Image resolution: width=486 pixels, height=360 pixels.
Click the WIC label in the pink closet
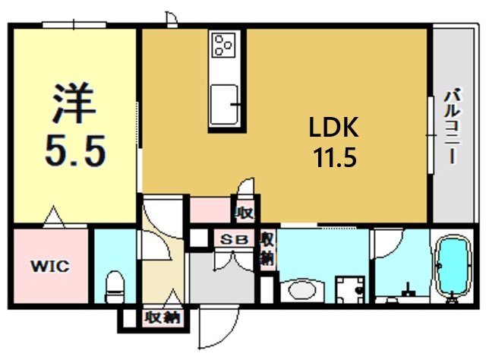pyautogui.click(x=50, y=266)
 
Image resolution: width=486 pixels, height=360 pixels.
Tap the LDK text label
pyautogui.click(x=334, y=127)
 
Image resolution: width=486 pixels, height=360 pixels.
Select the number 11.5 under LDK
pyautogui.click(x=335, y=157)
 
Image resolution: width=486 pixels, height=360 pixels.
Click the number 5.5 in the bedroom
pyautogui.click(x=75, y=151)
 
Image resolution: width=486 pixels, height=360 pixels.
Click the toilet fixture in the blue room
pyautogui.click(x=115, y=287)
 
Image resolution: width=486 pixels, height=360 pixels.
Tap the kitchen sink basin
pyautogui.click(x=224, y=105)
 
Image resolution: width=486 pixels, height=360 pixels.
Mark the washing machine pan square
pyautogui.click(x=351, y=290)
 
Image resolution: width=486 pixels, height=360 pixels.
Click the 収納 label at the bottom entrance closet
pyautogui.click(x=163, y=318)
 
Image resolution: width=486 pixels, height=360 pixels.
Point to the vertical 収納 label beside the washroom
pyautogui.click(x=267, y=249)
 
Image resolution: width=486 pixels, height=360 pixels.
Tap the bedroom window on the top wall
pyautogui.click(x=74, y=25)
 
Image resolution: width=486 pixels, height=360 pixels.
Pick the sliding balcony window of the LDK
pyautogui.click(x=431, y=135)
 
